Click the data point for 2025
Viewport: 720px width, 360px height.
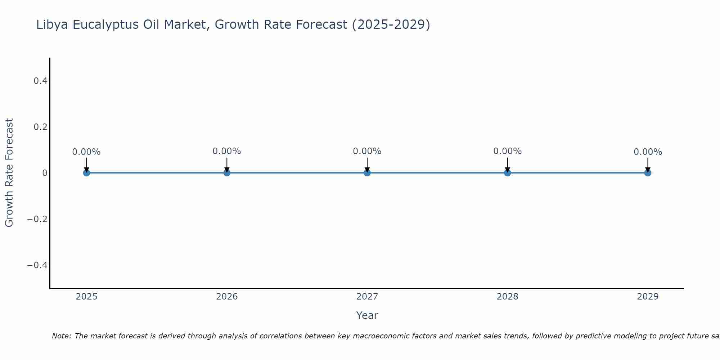point(86,173)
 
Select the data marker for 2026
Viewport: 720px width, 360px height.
point(227,173)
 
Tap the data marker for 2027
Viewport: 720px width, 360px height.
point(367,173)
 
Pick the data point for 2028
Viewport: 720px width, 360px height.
point(507,173)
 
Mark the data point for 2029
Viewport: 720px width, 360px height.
point(648,173)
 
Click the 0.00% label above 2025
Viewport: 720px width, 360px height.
point(86,152)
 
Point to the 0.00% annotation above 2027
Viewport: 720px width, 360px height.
point(367,151)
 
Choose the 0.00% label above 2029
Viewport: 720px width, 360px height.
point(648,152)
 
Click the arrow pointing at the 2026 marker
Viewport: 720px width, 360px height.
point(227,165)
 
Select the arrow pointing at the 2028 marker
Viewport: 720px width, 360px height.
point(507,165)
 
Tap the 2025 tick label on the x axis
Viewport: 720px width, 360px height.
point(86,297)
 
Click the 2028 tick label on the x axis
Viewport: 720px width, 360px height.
point(507,297)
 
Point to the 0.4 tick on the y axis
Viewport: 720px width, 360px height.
point(40,81)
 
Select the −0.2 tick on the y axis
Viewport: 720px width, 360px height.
point(37,219)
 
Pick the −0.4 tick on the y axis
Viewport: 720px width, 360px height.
point(37,265)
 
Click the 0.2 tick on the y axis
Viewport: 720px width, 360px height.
point(40,127)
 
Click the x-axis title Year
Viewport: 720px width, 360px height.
point(367,315)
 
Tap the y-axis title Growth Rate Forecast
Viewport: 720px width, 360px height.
point(9,173)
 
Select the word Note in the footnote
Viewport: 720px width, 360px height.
point(61,336)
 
